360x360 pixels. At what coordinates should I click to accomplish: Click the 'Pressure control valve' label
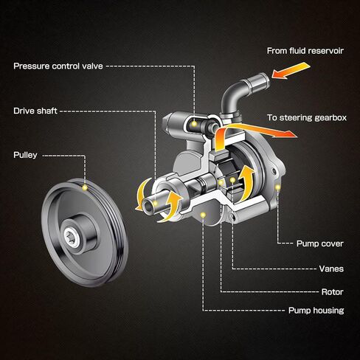click(58, 66)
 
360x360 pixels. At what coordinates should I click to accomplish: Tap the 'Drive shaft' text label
click(35, 111)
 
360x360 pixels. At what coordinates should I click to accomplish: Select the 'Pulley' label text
click(25, 155)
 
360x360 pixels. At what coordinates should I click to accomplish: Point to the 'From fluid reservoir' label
click(305, 51)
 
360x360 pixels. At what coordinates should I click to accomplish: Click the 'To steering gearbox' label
click(307, 117)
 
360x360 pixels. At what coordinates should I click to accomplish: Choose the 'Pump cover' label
click(320, 243)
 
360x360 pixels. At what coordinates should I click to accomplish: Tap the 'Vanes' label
click(331, 269)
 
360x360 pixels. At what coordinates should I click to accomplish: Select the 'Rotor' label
click(333, 292)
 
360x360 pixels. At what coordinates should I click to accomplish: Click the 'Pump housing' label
click(316, 311)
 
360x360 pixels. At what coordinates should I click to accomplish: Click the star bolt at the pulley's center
click(72, 237)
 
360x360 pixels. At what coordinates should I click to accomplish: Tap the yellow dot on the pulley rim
click(85, 188)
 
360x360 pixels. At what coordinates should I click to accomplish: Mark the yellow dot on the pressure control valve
click(194, 124)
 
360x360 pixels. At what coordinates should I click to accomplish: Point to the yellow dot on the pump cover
click(278, 187)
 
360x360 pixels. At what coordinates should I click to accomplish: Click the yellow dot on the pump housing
click(203, 215)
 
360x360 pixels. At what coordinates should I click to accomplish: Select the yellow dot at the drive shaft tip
click(155, 203)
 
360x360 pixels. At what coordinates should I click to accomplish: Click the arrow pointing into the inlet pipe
click(291, 71)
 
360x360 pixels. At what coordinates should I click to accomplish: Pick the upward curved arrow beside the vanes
click(246, 182)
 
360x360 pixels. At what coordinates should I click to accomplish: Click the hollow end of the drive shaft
click(147, 206)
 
